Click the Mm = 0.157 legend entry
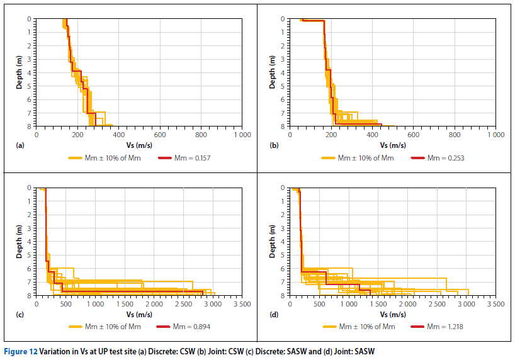pos(187,157)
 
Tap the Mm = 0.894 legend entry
pos(187,326)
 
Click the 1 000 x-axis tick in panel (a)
pos(242,135)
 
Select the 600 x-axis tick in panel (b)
pos(413,135)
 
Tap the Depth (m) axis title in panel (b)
pos(272,72)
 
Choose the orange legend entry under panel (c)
pos(114,326)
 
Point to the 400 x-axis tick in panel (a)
pos(118,135)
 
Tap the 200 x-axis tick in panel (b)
pos(331,135)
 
